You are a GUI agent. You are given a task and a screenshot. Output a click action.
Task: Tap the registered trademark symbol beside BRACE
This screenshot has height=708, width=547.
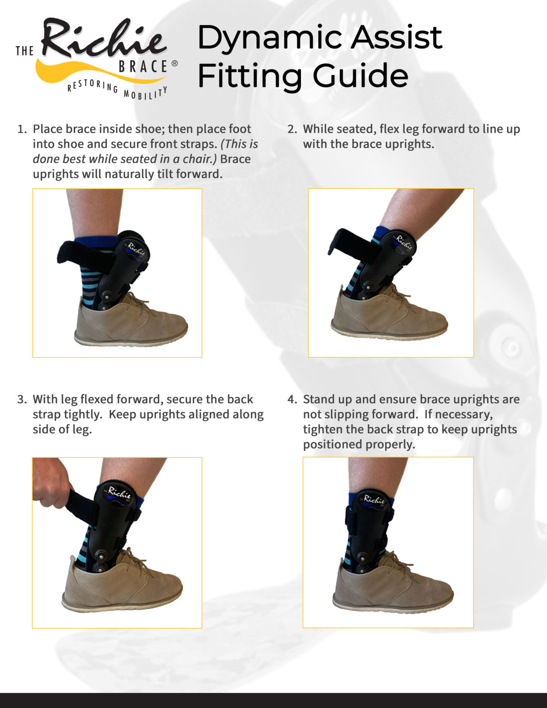tap(175, 64)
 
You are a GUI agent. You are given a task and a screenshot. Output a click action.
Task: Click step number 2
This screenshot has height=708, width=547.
tap(292, 129)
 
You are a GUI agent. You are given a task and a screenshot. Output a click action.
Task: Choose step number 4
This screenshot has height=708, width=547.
tap(292, 400)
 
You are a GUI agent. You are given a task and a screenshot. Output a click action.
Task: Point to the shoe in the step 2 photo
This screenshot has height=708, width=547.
tap(387, 315)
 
